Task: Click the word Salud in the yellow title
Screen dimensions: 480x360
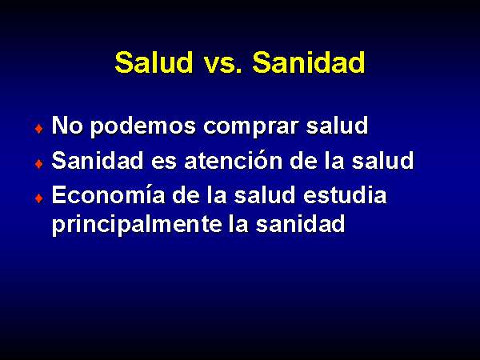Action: pos(154,62)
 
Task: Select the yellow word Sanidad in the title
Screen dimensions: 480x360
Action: pos(309,62)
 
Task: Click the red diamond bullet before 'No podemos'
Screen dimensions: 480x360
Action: pos(39,129)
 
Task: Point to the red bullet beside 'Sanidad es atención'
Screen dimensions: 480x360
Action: pos(39,164)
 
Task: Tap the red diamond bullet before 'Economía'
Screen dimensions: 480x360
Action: pos(39,198)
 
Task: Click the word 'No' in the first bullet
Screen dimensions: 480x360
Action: pos(67,126)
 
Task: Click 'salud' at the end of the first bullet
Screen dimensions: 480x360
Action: pos(337,126)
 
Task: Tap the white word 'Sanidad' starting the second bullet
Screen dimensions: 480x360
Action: pos(98,160)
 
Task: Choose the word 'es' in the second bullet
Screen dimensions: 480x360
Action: pos(164,163)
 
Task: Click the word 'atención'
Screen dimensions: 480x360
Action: pos(234,160)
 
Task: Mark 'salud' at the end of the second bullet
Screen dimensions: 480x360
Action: pos(382,160)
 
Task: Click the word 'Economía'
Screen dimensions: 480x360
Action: pos(108,194)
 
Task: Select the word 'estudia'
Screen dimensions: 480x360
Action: pos(345,194)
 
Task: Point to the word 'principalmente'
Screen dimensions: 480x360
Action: pos(137,225)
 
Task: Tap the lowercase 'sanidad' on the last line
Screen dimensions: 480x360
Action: pos(300,223)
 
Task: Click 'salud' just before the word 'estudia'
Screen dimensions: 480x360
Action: pos(265,194)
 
